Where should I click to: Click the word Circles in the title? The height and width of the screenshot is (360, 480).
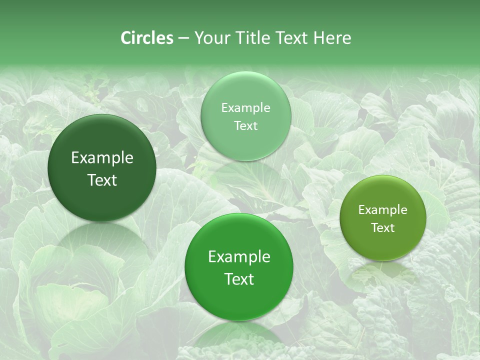146,38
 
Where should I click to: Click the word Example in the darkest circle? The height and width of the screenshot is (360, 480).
102,158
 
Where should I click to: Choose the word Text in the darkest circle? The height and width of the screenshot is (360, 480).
102,180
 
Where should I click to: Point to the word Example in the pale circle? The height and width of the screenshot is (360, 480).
245,108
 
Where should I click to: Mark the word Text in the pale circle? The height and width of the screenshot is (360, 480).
245,126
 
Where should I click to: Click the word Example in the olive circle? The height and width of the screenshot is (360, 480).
382,210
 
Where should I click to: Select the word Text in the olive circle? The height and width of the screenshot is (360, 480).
382,228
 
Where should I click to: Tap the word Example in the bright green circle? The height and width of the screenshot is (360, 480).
239,257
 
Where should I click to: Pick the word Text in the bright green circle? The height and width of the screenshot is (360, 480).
239,279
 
